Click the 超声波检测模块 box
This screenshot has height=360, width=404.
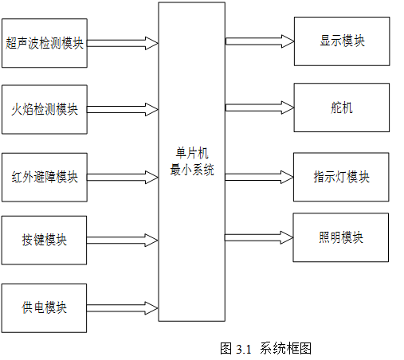(45, 43)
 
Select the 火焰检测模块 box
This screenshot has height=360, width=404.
(45, 109)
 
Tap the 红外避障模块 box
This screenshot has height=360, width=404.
(45, 177)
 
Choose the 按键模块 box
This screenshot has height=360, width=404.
(44, 240)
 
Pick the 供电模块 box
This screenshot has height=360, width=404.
(44, 308)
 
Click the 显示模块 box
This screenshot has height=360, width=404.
(342, 41)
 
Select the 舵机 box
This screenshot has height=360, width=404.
(342, 108)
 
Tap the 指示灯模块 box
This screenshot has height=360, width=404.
(341, 177)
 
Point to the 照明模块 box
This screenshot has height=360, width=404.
(341, 237)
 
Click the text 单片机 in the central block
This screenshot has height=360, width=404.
(192, 153)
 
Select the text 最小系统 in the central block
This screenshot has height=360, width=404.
(192, 170)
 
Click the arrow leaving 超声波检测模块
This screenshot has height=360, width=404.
(123, 43)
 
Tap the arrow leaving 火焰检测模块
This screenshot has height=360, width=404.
(123, 109)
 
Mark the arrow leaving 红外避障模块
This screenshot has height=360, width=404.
(123, 177)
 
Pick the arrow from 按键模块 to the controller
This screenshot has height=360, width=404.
(123, 240)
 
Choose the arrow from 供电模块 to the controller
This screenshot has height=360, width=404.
(123, 308)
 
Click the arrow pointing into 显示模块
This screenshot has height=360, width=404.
(260, 41)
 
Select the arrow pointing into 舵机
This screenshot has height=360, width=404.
(260, 108)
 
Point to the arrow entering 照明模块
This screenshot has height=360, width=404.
(259, 237)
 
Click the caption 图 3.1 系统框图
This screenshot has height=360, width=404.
(265, 348)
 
